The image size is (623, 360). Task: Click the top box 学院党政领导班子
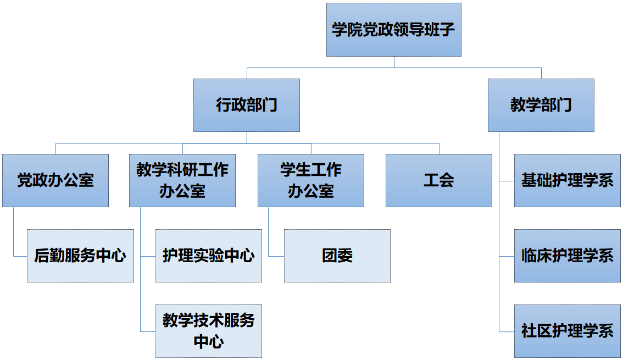[x=393, y=29]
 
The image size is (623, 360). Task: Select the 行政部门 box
[x=246, y=105]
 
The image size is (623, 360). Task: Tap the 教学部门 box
[x=541, y=105]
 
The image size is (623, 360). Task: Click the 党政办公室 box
[x=55, y=180]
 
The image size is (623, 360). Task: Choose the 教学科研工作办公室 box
[x=182, y=180]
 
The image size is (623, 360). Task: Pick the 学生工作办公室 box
[x=310, y=180]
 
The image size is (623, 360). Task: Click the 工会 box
[x=438, y=180]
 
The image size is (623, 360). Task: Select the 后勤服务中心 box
[x=80, y=256]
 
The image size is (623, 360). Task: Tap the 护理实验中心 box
[x=208, y=256]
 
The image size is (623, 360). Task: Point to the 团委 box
[x=337, y=256]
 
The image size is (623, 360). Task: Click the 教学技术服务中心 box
[x=208, y=331]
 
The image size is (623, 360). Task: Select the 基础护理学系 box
[x=567, y=180]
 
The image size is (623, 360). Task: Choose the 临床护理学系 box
[x=567, y=256]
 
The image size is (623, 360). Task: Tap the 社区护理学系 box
[x=567, y=331]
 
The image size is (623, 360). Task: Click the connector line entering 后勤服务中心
[x=20, y=256]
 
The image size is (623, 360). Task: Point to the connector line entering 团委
[x=276, y=256]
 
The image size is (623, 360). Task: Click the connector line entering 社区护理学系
[x=507, y=331]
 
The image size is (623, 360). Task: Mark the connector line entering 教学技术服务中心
[x=148, y=331]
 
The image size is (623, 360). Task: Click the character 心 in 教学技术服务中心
[x=216, y=341]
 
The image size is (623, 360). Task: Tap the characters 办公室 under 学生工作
[x=310, y=191]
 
